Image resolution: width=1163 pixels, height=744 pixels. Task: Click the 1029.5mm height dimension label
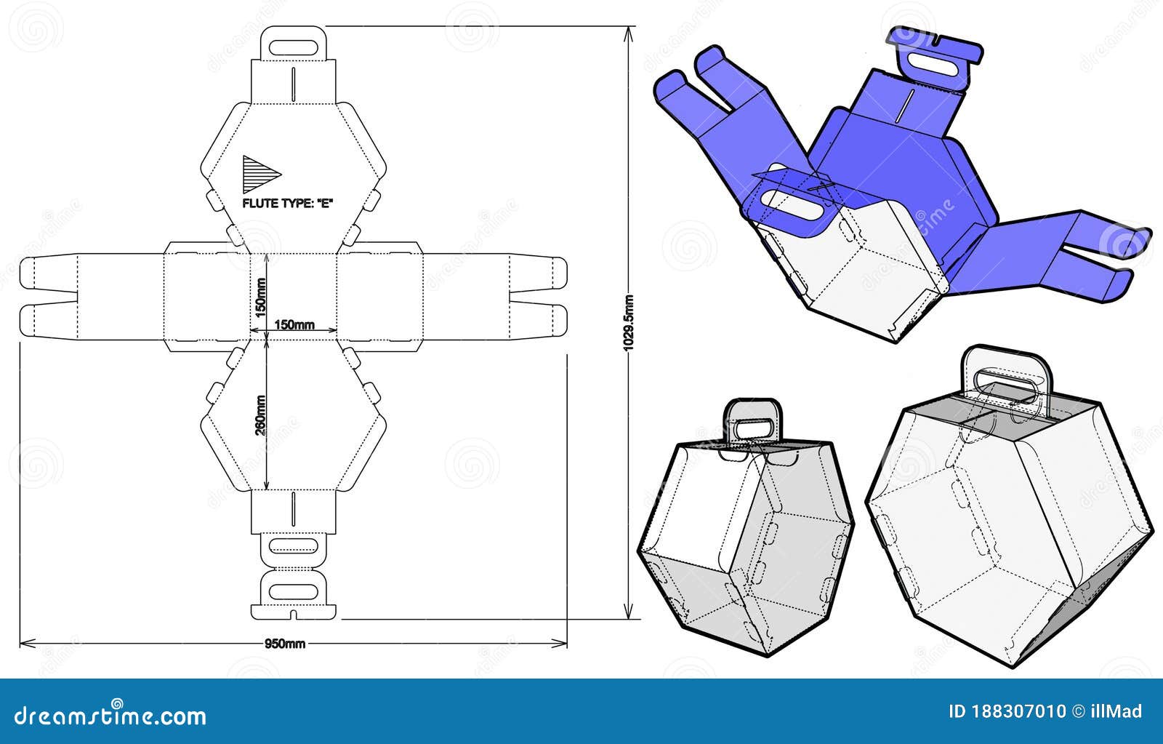coord(629,322)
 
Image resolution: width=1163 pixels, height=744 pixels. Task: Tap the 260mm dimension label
coord(259,415)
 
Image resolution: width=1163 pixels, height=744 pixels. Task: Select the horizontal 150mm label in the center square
coord(294,325)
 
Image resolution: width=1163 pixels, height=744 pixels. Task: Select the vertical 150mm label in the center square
coord(260,296)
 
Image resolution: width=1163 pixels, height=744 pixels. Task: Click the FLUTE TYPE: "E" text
coord(288,204)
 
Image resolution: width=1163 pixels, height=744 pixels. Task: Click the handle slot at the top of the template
coord(293,47)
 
